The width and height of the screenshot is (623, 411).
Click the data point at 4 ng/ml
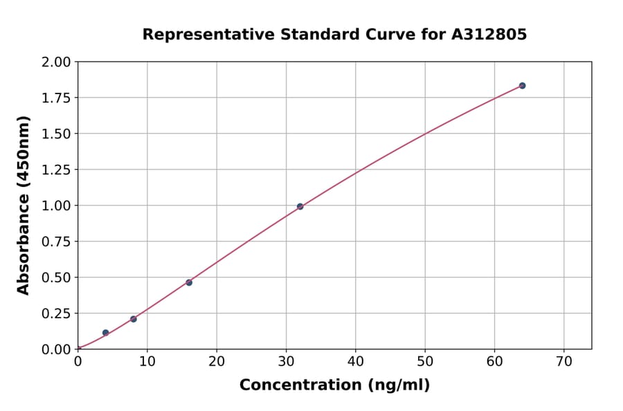105,333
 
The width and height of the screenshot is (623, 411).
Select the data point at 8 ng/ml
134,319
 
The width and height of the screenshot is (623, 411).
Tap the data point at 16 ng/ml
189,282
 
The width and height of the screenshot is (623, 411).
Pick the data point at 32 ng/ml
300,206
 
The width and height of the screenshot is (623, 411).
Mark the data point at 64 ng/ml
522,86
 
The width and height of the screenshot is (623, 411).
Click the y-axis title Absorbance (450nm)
24,205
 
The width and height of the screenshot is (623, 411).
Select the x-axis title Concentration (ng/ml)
334,385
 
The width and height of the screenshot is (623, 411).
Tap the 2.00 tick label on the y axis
56,62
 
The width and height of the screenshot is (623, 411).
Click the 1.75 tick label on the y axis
56,98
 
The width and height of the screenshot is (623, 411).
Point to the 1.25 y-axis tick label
56,170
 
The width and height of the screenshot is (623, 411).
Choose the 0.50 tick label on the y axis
56,277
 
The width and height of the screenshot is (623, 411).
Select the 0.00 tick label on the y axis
56,349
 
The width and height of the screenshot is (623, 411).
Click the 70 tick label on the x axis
563,361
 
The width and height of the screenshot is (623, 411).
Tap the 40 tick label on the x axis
355,361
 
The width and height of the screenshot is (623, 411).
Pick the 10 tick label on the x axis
147,361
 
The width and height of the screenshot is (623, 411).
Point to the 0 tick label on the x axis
78,361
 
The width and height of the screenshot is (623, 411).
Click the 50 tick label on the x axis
425,361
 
